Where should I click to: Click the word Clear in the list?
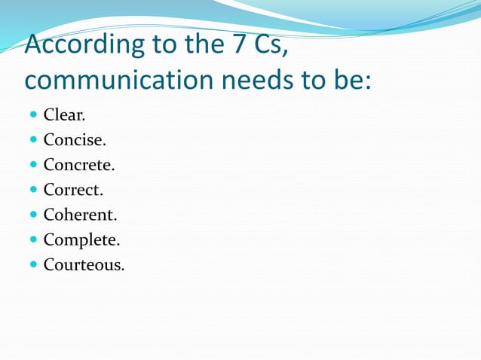64,115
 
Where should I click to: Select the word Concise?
74,140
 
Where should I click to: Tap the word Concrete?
78,165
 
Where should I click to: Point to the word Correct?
72,190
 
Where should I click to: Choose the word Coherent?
79,215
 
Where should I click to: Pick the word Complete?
81,240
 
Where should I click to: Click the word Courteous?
83,264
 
